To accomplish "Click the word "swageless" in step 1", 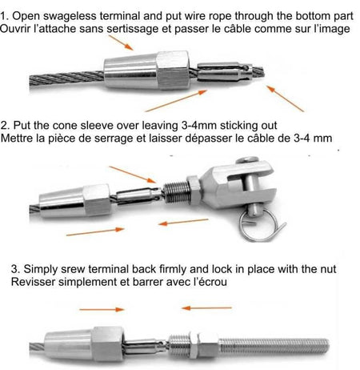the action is (x=70, y=16).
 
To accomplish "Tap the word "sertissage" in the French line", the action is (x=132, y=29).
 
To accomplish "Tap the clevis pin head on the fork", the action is (x=247, y=160).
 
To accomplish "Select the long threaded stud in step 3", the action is (x=274, y=346).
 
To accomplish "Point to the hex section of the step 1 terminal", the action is (x=174, y=70).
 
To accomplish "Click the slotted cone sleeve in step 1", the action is (x=223, y=71).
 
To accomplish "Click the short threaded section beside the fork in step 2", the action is (x=176, y=192).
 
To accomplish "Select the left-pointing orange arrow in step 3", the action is (x=206, y=308).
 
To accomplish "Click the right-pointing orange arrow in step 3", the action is (x=102, y=309).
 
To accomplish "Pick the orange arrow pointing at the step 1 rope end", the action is (x=286, y=99).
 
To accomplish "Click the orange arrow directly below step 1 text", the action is (x=121, y=42).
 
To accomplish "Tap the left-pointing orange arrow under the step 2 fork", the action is (x=183, y=222).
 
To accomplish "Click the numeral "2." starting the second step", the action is (x=6, y=126).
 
